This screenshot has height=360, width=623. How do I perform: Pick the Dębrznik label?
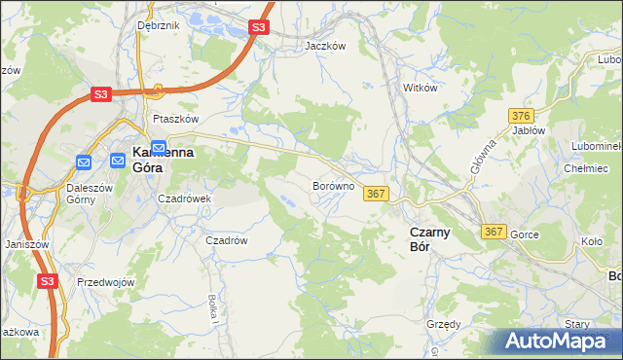coord(159,25)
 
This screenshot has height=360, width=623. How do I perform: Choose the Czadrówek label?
coord(185,198)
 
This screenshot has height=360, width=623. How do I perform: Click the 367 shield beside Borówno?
coord(377,195)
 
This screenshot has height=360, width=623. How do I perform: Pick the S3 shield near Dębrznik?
coord(258,27)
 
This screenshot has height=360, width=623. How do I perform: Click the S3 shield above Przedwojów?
coord(48,280)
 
